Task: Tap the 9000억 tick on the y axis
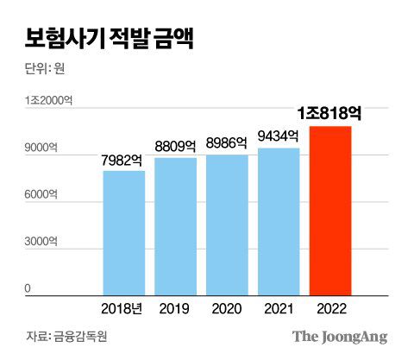pos(42,149)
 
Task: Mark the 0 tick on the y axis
pos(28,288)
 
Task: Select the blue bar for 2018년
pos(123,233)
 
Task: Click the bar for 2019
pos(176,226)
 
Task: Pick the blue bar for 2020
pos(227,224)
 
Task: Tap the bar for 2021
pos(279,221)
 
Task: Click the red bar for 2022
pos(330,211)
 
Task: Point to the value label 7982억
pos(123,160)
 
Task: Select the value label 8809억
pos(176,147)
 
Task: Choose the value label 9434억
pos(279,136)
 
